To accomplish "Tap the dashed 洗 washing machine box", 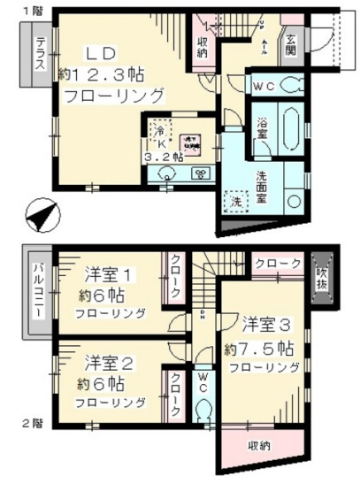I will (236, 203).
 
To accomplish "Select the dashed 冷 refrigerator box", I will (158, 129).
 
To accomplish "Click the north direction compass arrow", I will (40, 213).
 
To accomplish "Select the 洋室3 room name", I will (263, 324).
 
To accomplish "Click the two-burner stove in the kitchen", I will (200, 175).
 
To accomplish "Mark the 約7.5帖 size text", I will (261, 346).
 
